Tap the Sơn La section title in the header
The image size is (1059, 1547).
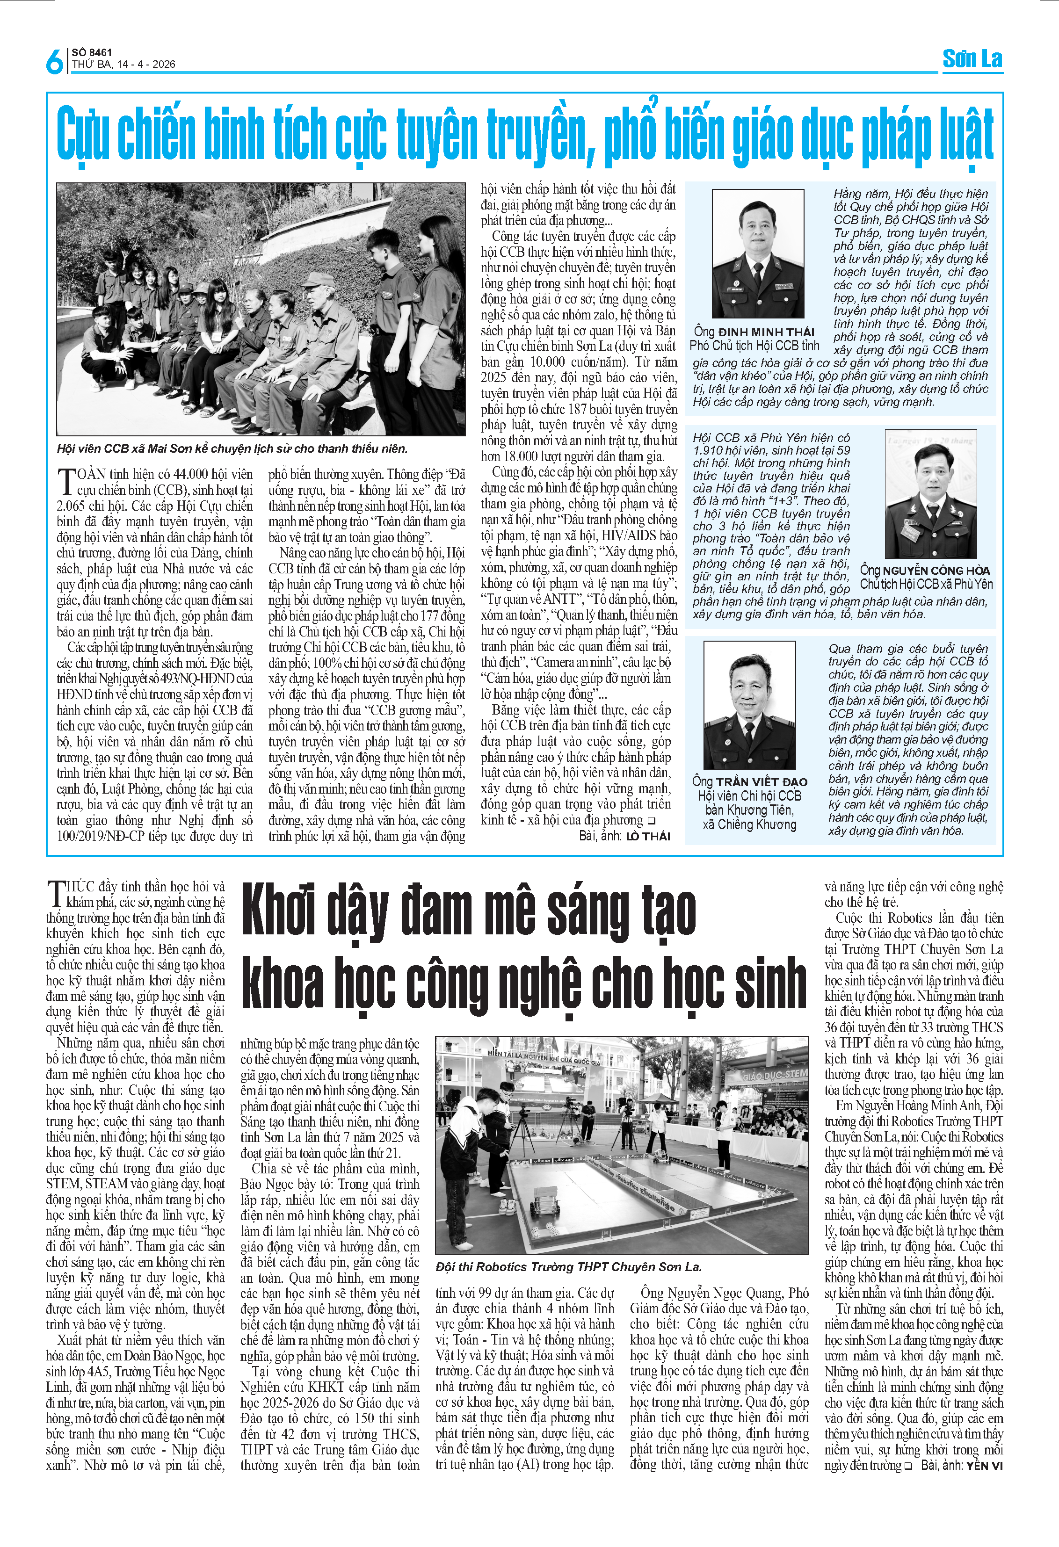[x=972, y=59]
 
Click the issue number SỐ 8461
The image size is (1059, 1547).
[x=93, y=52]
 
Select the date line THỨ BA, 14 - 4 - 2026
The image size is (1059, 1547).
[x=124, y=65]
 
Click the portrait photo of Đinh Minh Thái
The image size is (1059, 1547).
[x=757, y=253]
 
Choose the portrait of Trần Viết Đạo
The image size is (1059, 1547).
[x=749, y=706]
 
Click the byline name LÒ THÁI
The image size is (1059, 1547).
[x=648, y=837]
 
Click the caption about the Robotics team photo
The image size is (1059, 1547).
[x=568, y=1267]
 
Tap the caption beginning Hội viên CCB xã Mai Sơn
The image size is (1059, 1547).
[x=232, y=448]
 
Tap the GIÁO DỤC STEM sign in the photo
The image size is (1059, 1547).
[x=774, y=1076]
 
